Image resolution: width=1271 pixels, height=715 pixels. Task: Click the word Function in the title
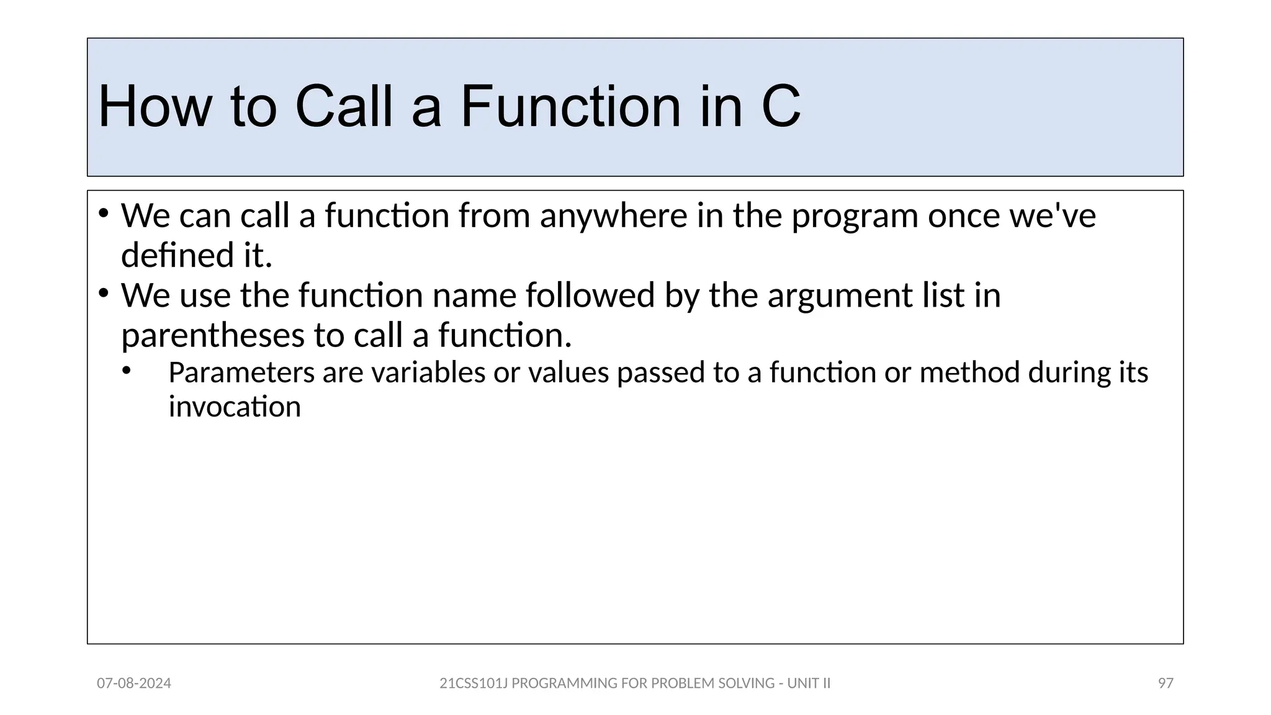(x=571, y=107)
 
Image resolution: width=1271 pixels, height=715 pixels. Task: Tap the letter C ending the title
(x=780, y=107)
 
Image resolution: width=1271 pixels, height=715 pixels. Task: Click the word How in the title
(x=155, y=107)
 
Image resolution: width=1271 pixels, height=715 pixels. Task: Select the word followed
(x=590, y=295)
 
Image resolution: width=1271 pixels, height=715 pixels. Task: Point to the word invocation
(x=235, y=408)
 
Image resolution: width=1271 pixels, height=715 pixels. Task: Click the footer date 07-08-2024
(x=134, y=683)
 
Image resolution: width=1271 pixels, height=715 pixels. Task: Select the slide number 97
(x=1165, y=683)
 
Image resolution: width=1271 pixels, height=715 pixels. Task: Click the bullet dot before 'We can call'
(x=104, y=214)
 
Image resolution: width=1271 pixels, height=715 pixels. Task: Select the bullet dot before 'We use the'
(x=104, y=293)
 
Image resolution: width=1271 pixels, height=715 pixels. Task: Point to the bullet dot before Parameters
(x=127, y=371)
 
